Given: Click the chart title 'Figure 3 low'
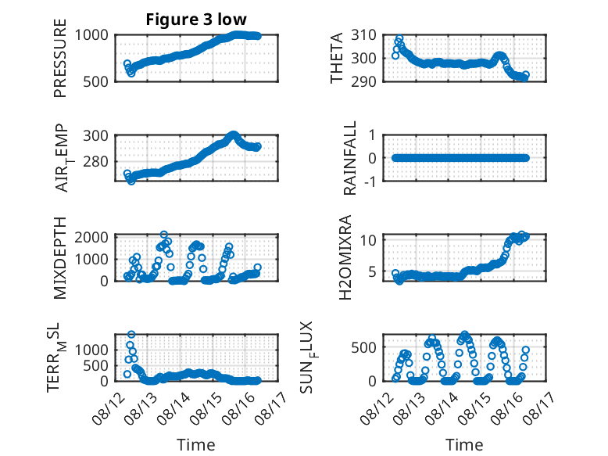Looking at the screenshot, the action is click(196, 20).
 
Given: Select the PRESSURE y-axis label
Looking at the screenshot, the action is click(60, 58).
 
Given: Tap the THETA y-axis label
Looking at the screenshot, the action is click(337, 58).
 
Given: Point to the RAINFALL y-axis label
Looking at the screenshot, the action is click(349, 157).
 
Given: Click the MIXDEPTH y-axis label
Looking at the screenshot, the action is click(60, 257).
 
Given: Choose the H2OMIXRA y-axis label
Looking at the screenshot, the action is click(345, 257).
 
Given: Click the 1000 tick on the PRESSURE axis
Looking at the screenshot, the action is click(91, 35).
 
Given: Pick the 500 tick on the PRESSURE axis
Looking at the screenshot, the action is click(96, 81).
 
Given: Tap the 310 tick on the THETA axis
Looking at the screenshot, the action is click(363, 35).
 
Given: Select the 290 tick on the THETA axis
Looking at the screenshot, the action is click(363, 81).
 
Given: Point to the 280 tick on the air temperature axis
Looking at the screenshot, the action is click(96, 161).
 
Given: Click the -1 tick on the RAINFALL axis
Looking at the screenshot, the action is click(370, 181).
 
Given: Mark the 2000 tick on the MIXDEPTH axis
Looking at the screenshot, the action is click(91, 237).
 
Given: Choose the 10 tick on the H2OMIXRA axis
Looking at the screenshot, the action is click(368, 240).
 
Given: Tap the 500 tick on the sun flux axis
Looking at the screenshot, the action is click(363, 347).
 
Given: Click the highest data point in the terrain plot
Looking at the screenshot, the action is click(131, 334).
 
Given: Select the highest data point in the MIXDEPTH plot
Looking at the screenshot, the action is click(164, 235).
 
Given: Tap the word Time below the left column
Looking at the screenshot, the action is click(196, 445).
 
